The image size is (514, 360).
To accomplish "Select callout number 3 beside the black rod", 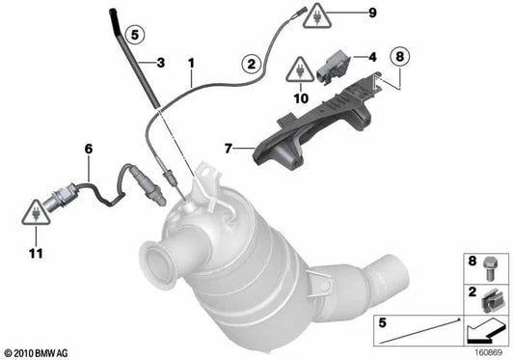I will tap(161, 64).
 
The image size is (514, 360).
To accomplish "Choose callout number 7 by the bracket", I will tap(229, 149).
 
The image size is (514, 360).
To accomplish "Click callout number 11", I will tap(36, 253).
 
